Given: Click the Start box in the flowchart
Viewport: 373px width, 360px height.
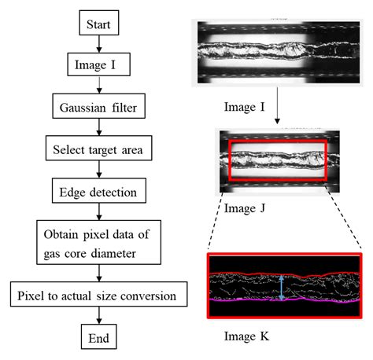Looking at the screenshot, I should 98,24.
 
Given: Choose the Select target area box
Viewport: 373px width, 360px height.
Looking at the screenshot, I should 98,148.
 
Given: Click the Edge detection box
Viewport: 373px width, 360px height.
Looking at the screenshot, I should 98,190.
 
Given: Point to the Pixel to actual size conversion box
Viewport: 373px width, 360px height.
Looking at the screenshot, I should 98,296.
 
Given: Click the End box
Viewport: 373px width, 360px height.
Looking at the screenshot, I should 98,338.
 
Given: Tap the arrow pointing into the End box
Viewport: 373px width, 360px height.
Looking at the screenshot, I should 98,318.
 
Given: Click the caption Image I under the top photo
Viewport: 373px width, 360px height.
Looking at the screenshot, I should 235,97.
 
